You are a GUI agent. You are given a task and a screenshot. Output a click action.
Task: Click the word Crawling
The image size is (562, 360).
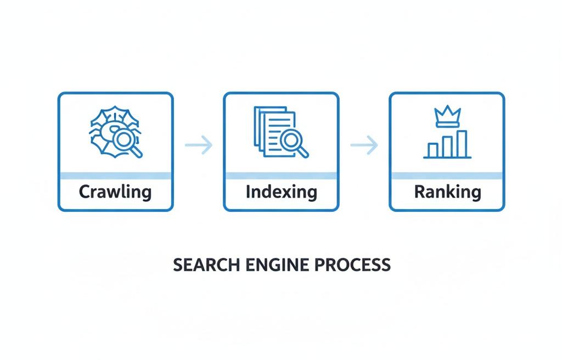tap(115, 192)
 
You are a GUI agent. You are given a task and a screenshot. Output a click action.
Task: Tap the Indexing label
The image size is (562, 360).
tap(281, 192)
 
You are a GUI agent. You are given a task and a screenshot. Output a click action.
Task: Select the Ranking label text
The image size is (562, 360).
tap(447, 192)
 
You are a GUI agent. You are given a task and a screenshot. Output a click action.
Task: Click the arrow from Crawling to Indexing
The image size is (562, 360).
tap(199, 145)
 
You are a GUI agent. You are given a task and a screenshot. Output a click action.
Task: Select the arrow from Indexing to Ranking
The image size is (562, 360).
tap(364, 145)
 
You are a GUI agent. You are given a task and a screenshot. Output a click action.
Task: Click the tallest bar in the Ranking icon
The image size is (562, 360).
tap(462, 143)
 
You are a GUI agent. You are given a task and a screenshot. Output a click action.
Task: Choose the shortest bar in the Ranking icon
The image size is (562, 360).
tap(433, 150)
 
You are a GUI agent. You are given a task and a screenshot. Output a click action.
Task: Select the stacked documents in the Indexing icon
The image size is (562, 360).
tap(269, 127)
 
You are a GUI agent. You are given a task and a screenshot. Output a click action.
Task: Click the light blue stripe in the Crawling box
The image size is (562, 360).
tap(115, 176)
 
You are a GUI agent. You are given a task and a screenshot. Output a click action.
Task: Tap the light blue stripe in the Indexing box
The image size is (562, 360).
tap(281, 176)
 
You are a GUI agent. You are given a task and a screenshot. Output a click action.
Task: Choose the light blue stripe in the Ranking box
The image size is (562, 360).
tap(447, 176)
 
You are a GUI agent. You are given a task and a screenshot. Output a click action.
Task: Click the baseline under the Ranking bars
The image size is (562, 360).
tap(447, 158)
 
